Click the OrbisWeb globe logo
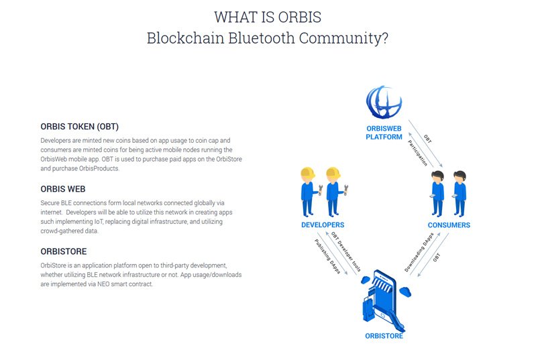(x=384, y=103)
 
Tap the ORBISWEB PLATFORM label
(x=384, y=133)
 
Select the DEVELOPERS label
(x=323, y=225)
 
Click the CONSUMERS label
(x=449, y=225)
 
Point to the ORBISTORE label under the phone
(x=384, y=336)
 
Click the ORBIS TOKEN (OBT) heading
(x=80, y=127)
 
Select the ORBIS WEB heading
(x=63, y=189)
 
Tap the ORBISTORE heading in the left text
(x=64, y=251)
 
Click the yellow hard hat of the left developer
(x=308, y=172)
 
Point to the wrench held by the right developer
(x=345, y=190)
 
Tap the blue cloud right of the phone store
(x=405, y=292)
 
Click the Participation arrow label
(x=417, y=153)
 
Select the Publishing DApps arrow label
(x=327, y=256)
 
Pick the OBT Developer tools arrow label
(x=346, y=251)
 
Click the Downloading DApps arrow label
(x=419, y=252)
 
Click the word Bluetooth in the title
(x=262, y=38)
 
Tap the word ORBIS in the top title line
(x=300, y=17)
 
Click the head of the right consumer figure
(x=460, y=176)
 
